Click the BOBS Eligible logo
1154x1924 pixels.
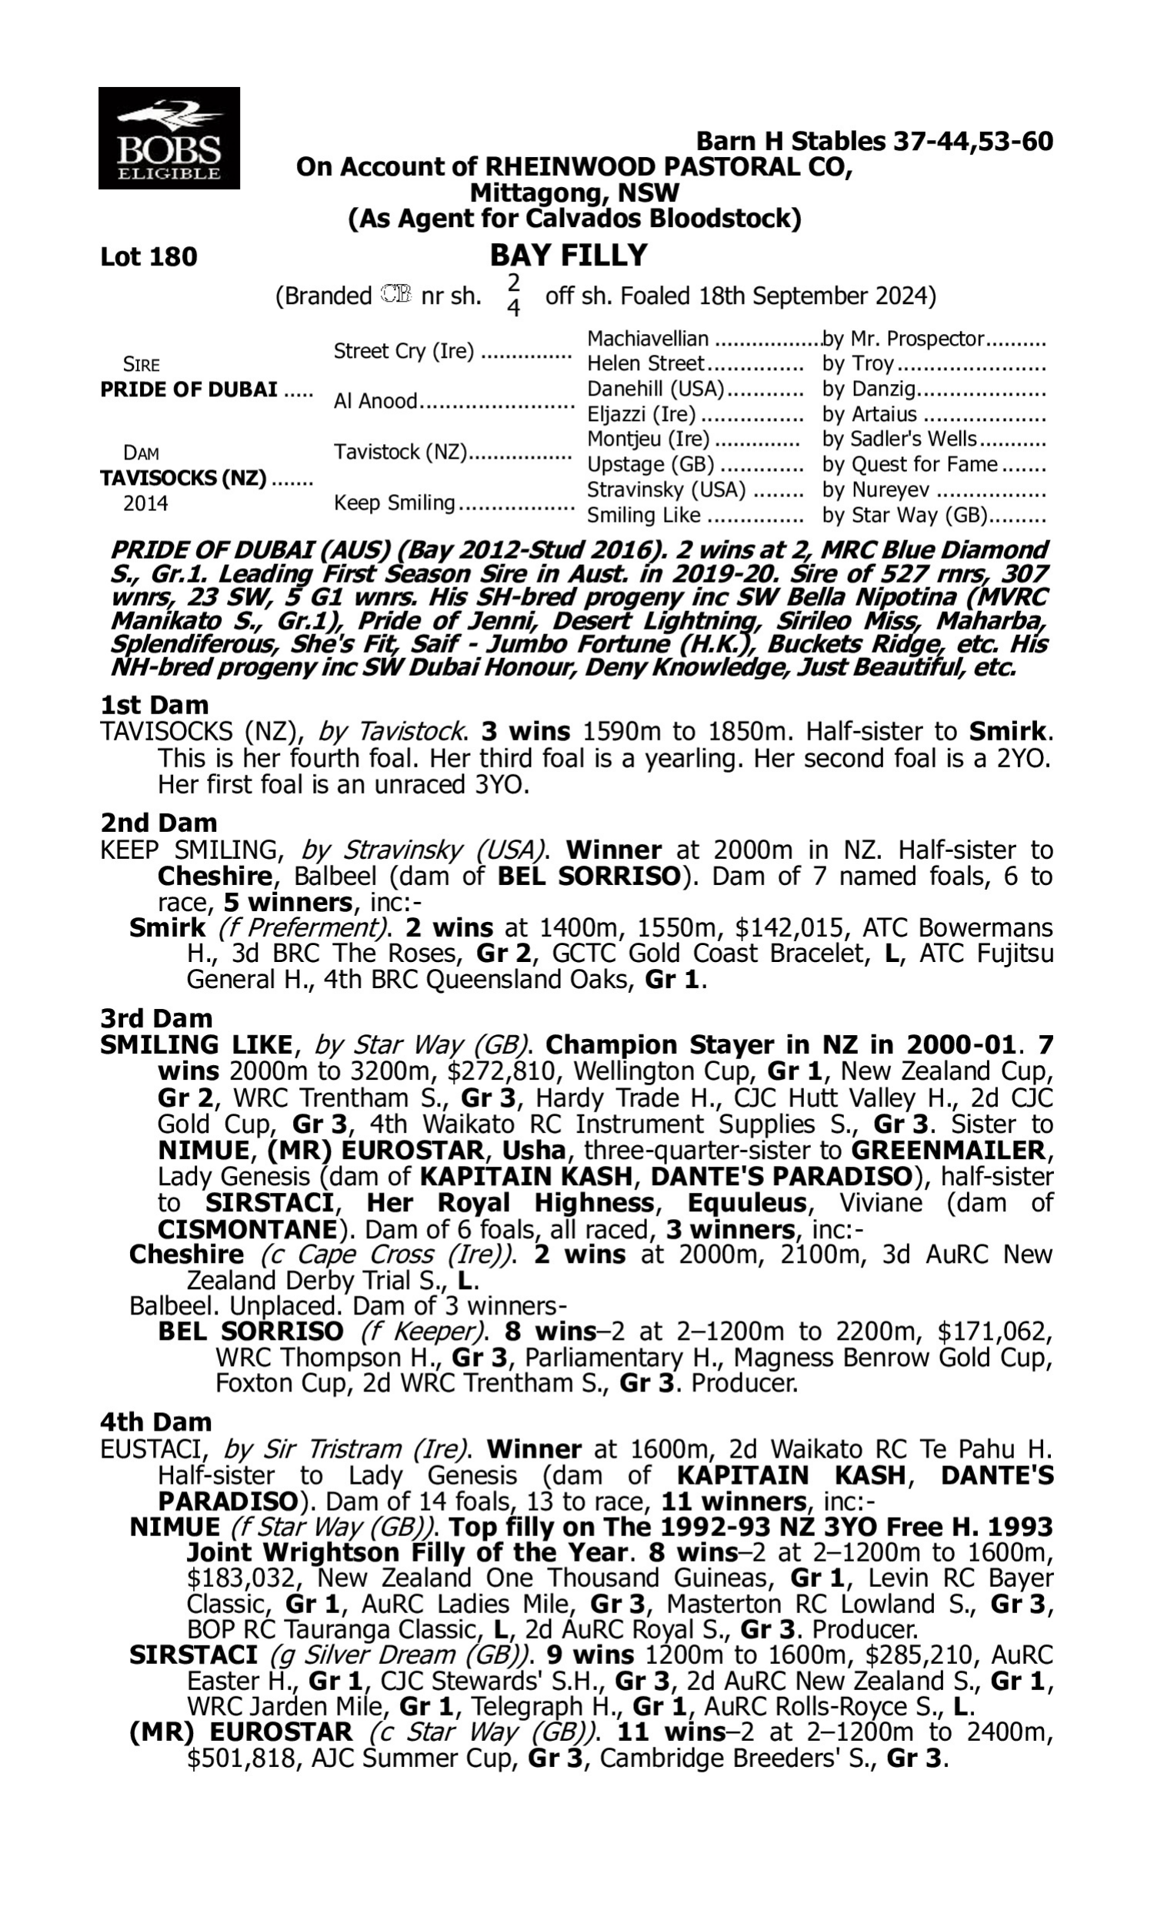click(168, 138)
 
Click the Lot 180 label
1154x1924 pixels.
click(148, 256)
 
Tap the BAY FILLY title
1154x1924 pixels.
click(569, 255)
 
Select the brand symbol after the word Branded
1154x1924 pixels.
click(396, 295)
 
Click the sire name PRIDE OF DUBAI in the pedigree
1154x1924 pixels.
click(189, 389)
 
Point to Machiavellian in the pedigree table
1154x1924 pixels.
click(648, 339)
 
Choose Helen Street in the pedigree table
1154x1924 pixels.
click(645, 364)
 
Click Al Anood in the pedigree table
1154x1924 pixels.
click(375, 401)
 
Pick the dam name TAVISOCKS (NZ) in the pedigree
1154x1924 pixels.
click(184, 478)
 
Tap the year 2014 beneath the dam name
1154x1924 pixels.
click(145, 504)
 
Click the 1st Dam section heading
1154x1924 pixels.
click(155, 706)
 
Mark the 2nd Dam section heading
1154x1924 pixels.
click(158, 823)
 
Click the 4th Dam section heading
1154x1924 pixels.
click(156, 1422)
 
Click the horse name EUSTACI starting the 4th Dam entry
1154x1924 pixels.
click(155, 1450)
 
